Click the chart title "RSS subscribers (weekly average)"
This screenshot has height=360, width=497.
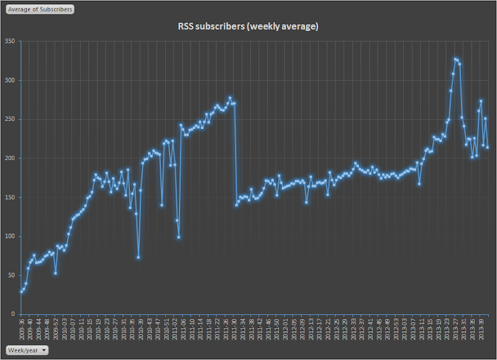[248, 27]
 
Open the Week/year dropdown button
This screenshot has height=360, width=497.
[27, 349]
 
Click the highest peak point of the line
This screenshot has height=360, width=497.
[455, 59]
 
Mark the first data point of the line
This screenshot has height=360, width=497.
[21, 291]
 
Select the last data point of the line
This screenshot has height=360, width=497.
[488, 147]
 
